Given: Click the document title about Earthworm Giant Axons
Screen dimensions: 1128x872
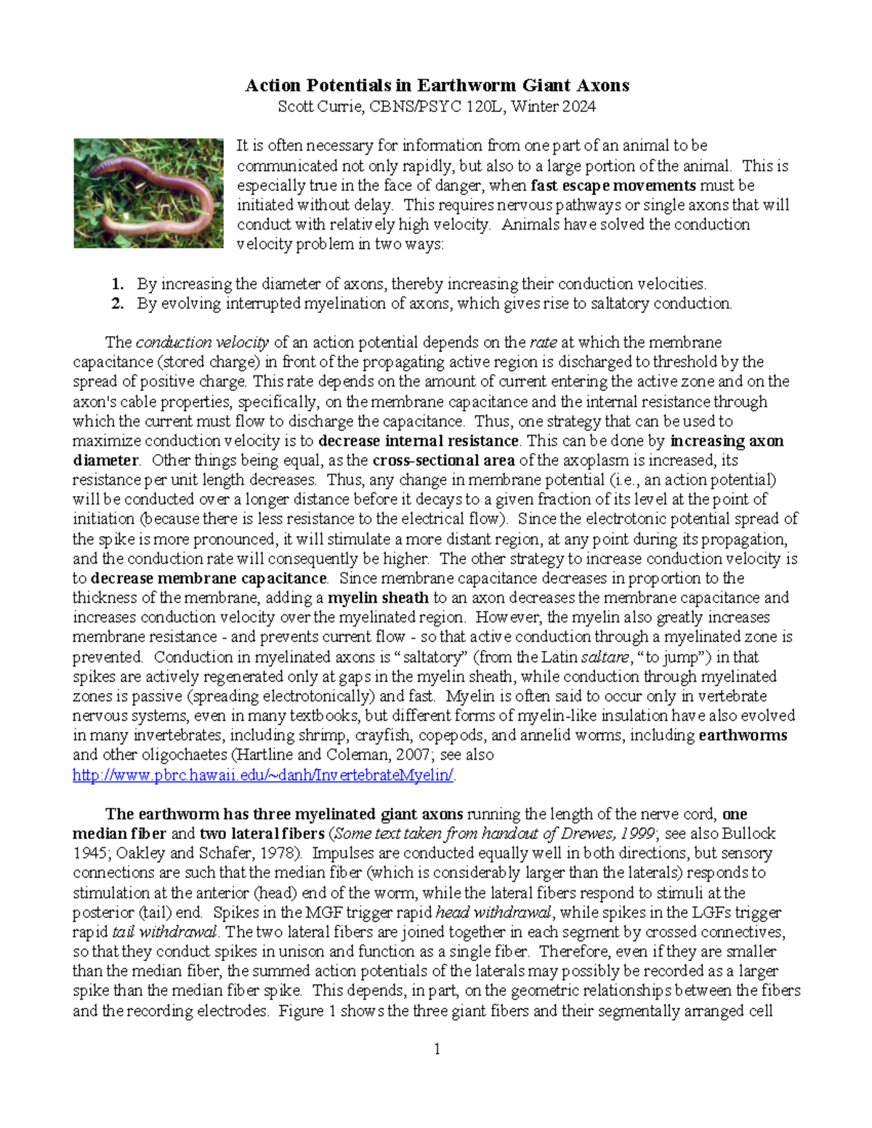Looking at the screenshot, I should coord(437,86).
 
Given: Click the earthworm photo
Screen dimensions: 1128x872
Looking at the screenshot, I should coord(148,193).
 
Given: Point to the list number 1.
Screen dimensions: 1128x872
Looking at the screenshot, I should coord(117,284).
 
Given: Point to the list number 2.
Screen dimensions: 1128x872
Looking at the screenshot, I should coord(117,304).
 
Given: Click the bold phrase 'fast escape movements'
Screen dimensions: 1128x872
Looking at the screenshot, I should coord(613,186).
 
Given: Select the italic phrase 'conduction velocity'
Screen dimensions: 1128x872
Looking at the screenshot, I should coord(202,342).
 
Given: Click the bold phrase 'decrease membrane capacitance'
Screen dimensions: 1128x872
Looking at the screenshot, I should coord(209,579).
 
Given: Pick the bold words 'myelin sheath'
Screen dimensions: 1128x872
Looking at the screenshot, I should coord(378,599).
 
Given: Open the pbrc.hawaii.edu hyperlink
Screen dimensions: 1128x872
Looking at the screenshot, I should coord(263,775).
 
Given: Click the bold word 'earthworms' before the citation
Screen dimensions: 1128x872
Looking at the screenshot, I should coord(743,735).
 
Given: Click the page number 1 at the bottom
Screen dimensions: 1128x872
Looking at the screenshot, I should coord(437,1049).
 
